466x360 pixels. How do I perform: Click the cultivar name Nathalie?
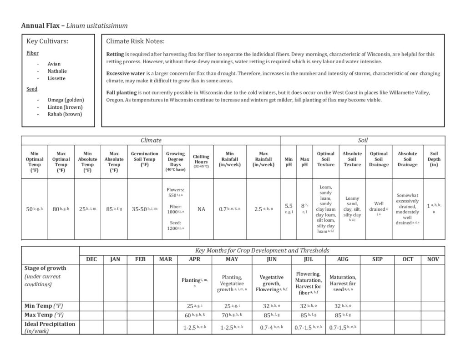coord(57,71)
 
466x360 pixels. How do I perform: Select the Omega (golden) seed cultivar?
coord(66,100)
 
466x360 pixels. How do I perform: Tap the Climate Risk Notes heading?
coord(135,41)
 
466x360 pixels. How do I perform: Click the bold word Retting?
coord(115,54)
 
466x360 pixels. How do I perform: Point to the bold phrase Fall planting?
coord(121,93)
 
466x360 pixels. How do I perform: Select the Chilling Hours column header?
coord(201,162)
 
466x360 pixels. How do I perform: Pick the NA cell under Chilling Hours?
coord(201,209)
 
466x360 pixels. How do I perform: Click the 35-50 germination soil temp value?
coord(142,209)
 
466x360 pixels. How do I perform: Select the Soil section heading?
coord(362,141)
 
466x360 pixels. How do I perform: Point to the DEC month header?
coord(91,259)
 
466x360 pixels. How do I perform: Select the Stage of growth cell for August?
coord(343,284)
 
